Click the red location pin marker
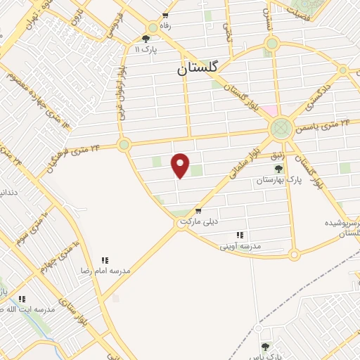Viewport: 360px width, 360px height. pyautogui.click(x=181, y=165)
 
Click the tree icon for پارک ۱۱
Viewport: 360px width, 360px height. pyautogui.click(x=146, y=39)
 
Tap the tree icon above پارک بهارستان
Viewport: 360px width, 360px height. pyautogui.click(x=278, y=169)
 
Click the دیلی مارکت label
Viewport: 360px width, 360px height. pyautogui.click(x=199, y=221)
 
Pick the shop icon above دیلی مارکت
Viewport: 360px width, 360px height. pyautogui.click(x=198, y=210)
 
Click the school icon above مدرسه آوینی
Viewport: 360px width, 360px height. pyautogui.click(x=240, y=235)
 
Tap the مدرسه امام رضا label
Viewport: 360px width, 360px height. pyautogui.click(x=105, y=271)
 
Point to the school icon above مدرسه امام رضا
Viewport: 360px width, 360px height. pyautogui.click(x=105, y=260)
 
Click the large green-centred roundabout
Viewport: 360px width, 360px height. pyautogui.click(x=281, y=129)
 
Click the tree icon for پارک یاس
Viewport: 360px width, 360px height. pyautogui.click(x=266, y=347)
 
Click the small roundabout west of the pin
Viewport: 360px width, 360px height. pyautogui.click(x=124, y=146)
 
